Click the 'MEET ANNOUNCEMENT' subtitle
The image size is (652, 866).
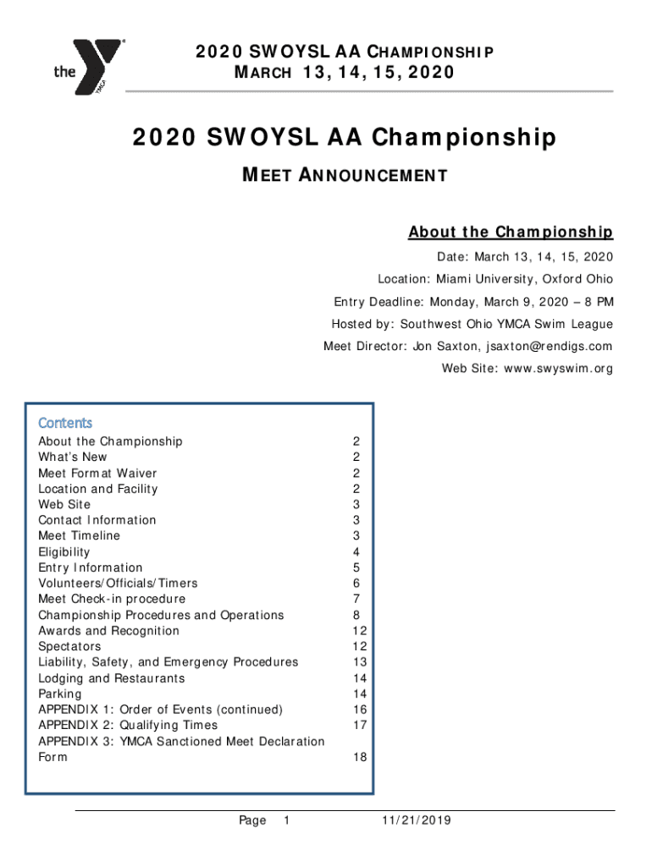pos(345,176)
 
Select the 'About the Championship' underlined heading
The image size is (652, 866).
pos(511,232)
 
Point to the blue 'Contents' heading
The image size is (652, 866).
pos(65,423)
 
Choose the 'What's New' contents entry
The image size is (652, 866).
pos(73,457)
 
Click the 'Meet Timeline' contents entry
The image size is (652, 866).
pos(80,535)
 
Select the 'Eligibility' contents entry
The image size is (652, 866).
pos(64,551)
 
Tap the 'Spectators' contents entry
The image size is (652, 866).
pos(69,646)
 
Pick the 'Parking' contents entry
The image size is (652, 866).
pos(60,693)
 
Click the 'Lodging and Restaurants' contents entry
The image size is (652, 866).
pos(112,678)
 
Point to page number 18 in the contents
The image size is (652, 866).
pos(361,758)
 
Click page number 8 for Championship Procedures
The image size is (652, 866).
pos(357,615)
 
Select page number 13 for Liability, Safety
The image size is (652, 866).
pos(361,662)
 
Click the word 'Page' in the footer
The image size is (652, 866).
pos(252,820)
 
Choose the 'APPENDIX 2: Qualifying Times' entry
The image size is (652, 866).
pos(128,725)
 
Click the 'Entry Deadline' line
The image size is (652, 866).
pos(473,302)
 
